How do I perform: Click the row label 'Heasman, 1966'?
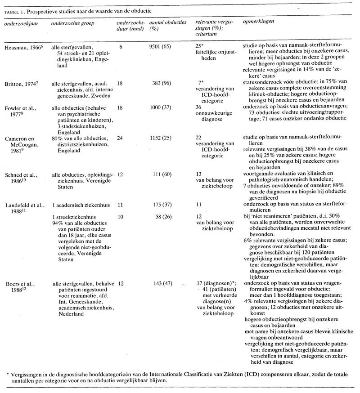pyautogui.click(x=21, y=47)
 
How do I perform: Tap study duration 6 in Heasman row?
pyautogui.click(x=121, y=47)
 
